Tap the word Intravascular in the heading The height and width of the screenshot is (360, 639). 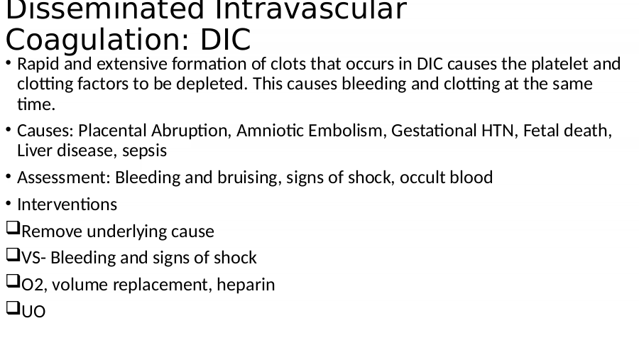click(x=311, y=9)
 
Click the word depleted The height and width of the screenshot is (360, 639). click(x=209, y=84)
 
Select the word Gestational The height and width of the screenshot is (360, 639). click(x=434, y=131)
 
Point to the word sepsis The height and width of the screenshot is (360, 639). click(x=144, y=151)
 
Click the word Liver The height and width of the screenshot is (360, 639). click(x=35, y=151)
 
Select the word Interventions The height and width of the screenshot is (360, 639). click(x=67, y=204)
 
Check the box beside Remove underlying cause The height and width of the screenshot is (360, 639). click(x=13, y=228)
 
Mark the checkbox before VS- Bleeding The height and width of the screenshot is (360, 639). click(x=13, y=255)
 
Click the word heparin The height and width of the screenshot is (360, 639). click(x=246, y=285)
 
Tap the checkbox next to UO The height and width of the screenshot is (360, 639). click(x=13, y=308)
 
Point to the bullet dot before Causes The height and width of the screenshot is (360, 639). click(x=9, y=130)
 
